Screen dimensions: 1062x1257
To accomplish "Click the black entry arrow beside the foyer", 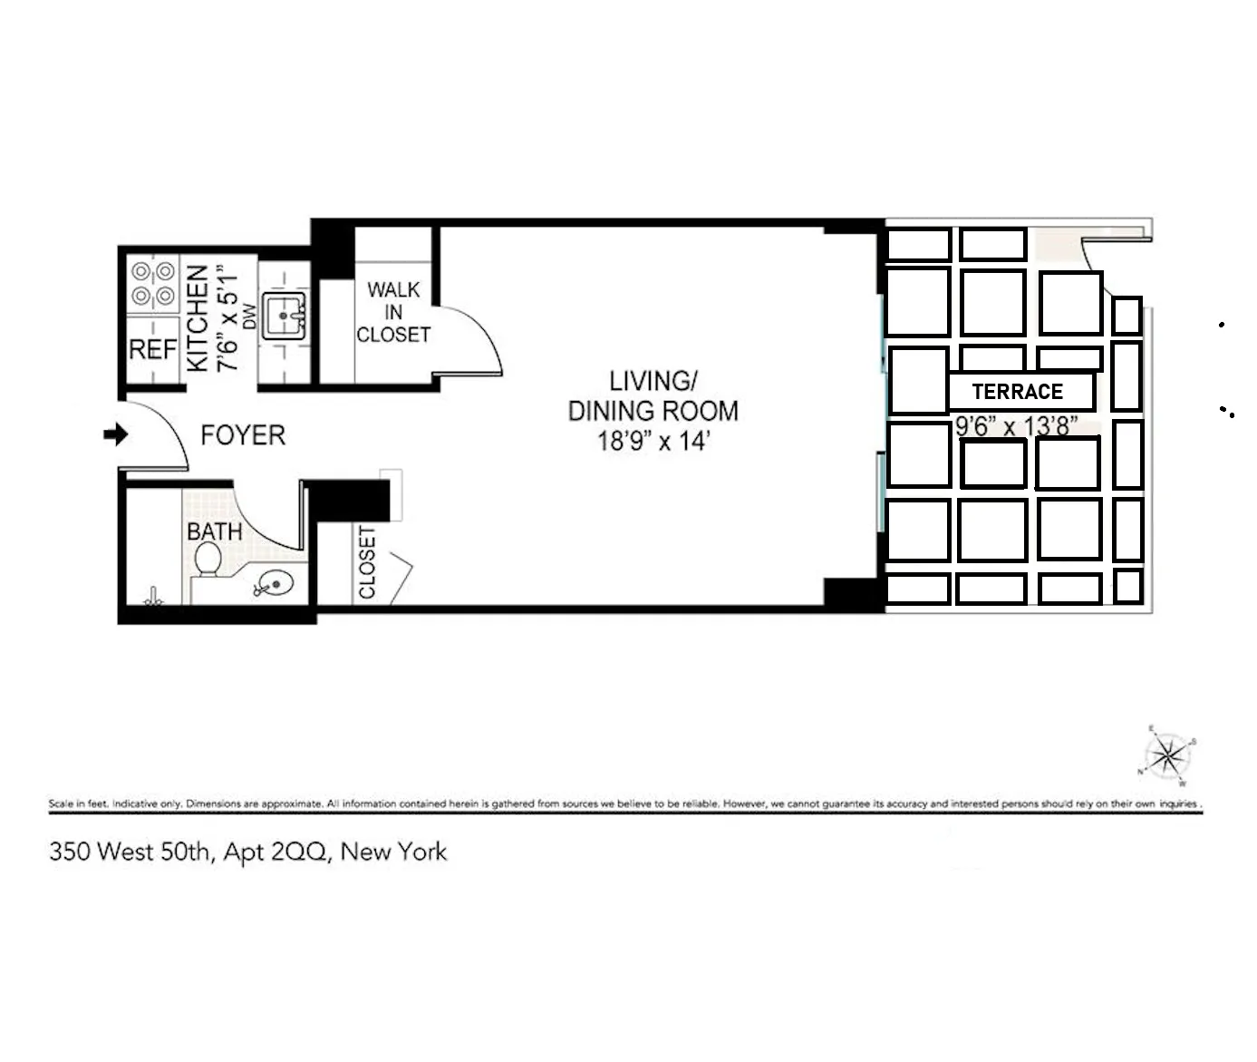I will [x=116, y=435].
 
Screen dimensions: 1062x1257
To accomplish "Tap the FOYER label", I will [x=242, y=435].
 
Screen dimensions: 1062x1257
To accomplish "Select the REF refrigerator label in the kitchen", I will [x=152, y=349].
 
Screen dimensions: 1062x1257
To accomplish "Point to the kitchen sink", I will [x=284, y=316].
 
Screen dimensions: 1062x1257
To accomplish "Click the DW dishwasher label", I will [x=250, y=317].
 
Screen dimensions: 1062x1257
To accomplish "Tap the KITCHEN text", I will [x=198, y=317].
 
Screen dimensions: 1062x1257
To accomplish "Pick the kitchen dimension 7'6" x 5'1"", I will [x=226, y=317].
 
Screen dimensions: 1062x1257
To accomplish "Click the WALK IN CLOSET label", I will [x=393, y=312].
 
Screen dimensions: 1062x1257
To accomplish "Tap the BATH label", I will [x=214, y=531].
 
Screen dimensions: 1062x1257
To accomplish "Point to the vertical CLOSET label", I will [x=367, y=562].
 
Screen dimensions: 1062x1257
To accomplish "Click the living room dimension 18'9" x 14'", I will [x=653, y=442].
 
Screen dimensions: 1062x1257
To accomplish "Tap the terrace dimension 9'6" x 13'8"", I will [x=1016, y=426].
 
